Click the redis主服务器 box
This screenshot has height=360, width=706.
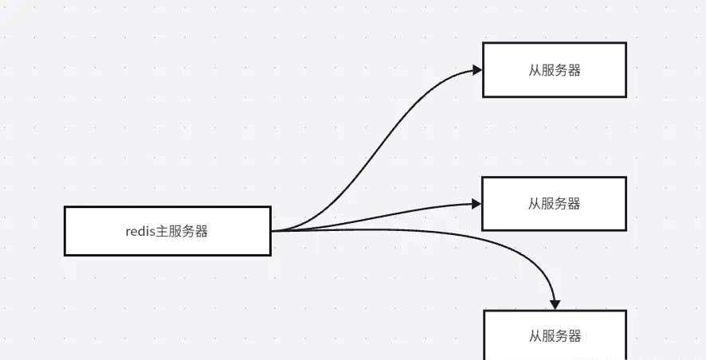[x=167, y=231]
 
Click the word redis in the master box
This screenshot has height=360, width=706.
[x=140, y=232]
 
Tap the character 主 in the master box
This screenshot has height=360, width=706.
[x=163, y=232]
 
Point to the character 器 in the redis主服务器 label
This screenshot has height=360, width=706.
[x=201, y=232]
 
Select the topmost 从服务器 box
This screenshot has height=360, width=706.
[x=555, y=70]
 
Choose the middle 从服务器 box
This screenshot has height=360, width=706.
[x=555, y=204]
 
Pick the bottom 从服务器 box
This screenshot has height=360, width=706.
[x=555, y=336]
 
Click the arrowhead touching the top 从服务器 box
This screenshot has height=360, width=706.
[x=477, y=70]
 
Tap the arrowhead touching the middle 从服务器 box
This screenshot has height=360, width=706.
[x=477, y=204]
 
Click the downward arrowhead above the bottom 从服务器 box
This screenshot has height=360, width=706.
[x=555, y=304]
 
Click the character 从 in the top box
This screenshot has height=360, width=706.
[x=535, y=70]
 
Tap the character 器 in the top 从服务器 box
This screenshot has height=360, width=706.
[x=574, y=70]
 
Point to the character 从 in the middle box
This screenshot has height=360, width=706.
[x=535, y=204]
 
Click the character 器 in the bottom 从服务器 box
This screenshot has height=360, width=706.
[x=574, y=336]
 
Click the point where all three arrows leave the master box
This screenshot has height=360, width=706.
[x=272, y=231]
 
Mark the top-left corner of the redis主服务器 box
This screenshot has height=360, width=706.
[x=65, y=207]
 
